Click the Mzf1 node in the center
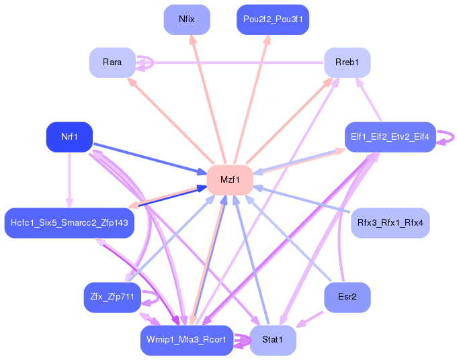[229, 179]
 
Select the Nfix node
[187, 19]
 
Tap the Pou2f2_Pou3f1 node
[273, 19]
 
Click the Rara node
[112, 62]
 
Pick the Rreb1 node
[347, 62]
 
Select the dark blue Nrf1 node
[69, 137]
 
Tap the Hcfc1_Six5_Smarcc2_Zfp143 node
[69, 222]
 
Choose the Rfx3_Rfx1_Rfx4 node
[390, 222]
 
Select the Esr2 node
[347, 296]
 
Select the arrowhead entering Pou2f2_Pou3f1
[267, 40]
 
